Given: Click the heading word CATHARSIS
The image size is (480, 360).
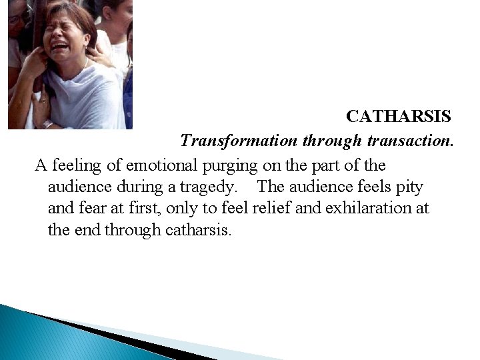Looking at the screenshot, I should coord(399,117).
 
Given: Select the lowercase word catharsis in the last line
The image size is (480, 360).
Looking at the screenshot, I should coord(197,231).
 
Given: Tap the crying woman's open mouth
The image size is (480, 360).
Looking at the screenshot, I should coord(59,47).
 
